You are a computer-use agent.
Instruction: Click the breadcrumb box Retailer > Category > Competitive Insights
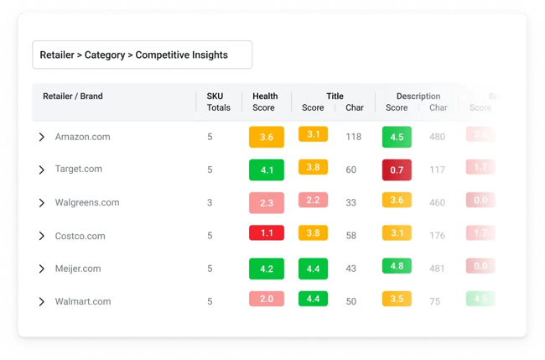coord(142,55)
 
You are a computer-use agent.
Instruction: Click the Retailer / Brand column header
coord(73,97)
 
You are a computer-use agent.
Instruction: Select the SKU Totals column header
coord(219,102)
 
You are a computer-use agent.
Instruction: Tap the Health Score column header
coord(265,102)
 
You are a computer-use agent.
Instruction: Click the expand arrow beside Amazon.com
coord(42,137)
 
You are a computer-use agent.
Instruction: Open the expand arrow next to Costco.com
coord(42,236)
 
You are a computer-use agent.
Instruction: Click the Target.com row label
coord(78,170)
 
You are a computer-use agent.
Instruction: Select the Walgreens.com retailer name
coord(87,203)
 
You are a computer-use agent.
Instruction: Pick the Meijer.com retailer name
coord(78,269)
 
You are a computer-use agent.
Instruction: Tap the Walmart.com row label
coord(82,301)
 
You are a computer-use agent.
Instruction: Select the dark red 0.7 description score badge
coord(397,170)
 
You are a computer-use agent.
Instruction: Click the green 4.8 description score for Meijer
coord(397,266)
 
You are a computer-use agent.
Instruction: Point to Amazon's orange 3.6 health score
coord(266,137)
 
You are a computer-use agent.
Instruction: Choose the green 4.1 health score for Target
coord(266,170)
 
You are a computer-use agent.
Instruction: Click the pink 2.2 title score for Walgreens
coord(313,201)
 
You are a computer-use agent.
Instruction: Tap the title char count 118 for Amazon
coord(353,137)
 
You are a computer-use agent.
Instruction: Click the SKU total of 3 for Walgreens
coord(210,203)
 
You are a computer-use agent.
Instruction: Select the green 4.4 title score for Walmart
coord(313,299)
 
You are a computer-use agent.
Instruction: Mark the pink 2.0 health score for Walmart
coord(266,300)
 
